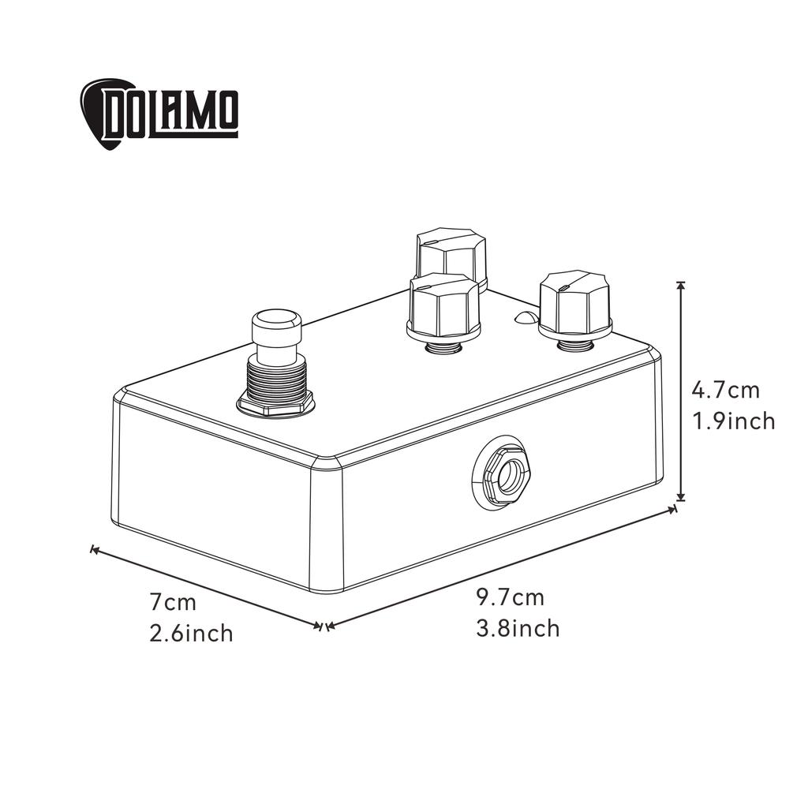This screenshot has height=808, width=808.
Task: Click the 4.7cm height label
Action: pos(725,390)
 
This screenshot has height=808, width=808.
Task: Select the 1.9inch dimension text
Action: pos(734,421)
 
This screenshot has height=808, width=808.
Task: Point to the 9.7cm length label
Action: pos(510,597)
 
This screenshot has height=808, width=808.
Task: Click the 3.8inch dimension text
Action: pos(518,629)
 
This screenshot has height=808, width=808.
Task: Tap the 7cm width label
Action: pos(173,602)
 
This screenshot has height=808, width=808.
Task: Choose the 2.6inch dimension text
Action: pos(192,634)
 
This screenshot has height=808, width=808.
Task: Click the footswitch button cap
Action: pos(276,325)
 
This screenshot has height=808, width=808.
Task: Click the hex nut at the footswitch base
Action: pos(276,405)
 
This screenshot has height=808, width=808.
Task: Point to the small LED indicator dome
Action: pos(524,318)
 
